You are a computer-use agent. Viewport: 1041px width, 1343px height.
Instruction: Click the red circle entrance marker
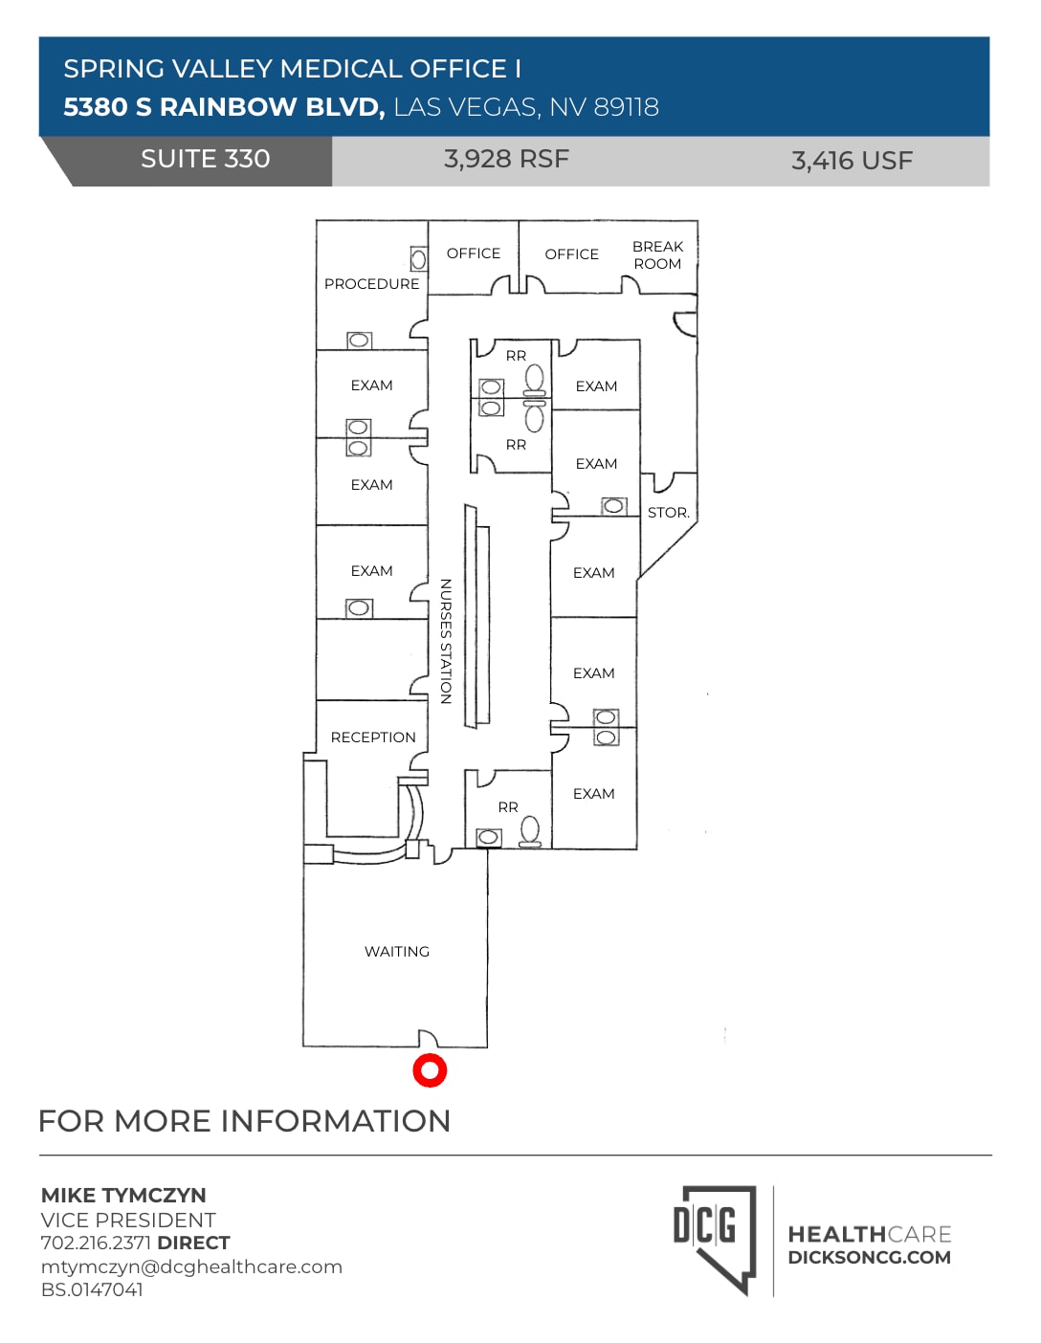tap(430, 1070)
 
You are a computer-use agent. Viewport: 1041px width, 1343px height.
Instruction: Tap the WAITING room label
tap(396, 952)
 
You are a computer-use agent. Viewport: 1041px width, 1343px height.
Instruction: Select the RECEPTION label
tap(373, 738)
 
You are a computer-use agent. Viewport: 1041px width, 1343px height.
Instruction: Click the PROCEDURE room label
tap(371, 284)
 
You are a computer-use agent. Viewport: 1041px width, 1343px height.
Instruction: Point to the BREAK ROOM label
tap(657, 255)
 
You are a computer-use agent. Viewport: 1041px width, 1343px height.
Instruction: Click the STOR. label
tap(668, 513)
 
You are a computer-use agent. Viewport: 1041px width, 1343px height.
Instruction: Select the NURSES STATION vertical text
tap(445, 641)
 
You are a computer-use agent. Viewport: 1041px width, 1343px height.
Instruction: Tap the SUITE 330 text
tap(205, 159)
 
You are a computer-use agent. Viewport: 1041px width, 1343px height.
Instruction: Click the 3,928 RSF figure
tap(506, 159)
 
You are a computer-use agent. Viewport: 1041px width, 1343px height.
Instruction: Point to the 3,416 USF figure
tap(852, 161)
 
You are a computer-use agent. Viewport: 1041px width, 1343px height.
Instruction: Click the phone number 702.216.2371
tap(96, 1243)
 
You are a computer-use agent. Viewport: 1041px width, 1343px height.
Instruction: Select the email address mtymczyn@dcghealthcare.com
tap(191, 1266)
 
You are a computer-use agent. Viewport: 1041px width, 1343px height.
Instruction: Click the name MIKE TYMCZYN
tap(123, 1196)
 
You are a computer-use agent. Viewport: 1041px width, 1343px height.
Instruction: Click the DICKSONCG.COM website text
tap(869, 1258)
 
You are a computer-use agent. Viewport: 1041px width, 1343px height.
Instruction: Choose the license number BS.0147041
tap(92, 1289)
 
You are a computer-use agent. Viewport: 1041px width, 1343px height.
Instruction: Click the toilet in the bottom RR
tap(530, 832)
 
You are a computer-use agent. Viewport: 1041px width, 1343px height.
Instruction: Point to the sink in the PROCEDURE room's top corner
tap(418, 259)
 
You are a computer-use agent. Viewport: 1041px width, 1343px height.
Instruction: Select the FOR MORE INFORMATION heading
tap(244, 1121)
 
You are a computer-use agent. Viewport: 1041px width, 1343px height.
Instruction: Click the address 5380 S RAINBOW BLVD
tap(224, 107)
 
